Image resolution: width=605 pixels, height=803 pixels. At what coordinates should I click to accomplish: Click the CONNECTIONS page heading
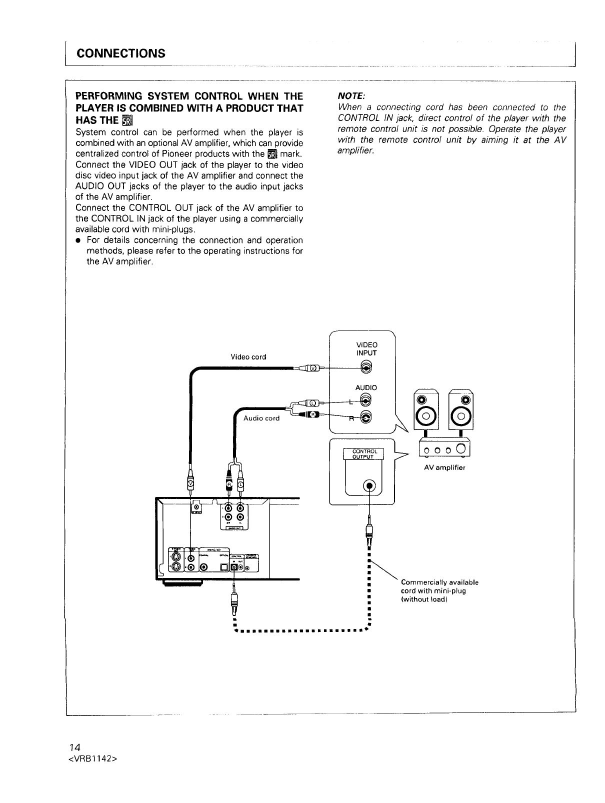[120, 53]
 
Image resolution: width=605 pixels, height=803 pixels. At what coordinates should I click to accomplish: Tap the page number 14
[75, 747]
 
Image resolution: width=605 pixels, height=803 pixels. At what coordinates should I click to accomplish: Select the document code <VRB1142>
[93, 758]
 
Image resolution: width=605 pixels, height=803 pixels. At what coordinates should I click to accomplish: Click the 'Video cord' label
[248, 357]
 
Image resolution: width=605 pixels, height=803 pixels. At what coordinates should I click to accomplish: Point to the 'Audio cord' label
[261, 418]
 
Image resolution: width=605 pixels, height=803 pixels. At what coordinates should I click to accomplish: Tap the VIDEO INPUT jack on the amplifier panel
[366, 367]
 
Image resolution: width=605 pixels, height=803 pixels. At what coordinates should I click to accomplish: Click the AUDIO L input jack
[366, 400]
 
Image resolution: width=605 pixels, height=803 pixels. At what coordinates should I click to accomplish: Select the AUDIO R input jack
[366, 418]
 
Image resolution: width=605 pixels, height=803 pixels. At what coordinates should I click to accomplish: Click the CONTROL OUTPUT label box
[363, 453]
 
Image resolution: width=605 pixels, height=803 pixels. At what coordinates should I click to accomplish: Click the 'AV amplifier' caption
[444, 468]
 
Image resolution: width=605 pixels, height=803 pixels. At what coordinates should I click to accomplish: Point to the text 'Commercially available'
[439, 582]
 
